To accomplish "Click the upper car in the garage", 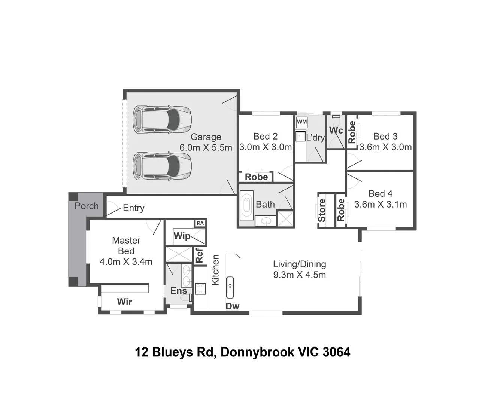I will coord(162,120).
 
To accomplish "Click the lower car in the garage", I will coord(162,166).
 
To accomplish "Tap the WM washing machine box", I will coord(301,122).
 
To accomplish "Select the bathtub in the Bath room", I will coord(246,205).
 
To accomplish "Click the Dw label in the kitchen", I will coord(232,306).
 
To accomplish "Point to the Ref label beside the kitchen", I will coord(199,255).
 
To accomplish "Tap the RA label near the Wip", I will coord(200,223).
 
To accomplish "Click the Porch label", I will coord(87,206).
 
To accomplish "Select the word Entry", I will coord(134,208).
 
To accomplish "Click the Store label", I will coord(322,210).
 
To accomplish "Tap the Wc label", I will coord(336,130).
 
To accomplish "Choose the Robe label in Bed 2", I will coord(256,177).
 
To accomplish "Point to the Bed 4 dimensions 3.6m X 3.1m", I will coord(381,205).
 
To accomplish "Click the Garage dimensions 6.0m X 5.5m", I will coord(206,148).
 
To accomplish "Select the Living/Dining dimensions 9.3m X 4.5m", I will coord(299,275).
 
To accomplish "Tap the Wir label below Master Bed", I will coord(124,302).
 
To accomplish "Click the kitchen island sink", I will coord(230,287).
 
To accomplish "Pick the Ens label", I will coord(178,291).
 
